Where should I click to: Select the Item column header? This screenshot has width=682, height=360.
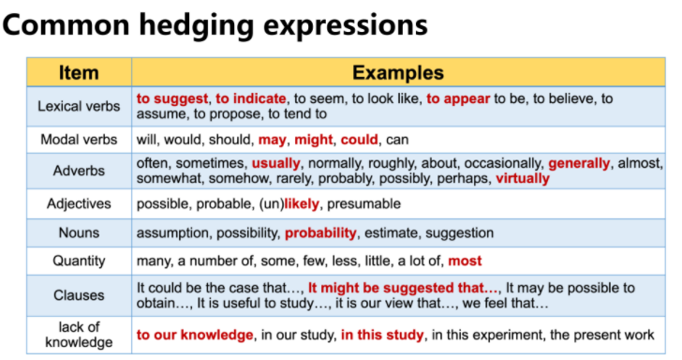pos(79,72)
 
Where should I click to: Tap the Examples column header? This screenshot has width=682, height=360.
pos(398,72)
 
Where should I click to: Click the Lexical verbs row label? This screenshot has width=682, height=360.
pos(79,106)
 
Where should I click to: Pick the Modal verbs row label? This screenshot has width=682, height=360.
pos(79,140)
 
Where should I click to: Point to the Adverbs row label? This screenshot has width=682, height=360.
pos(79,171)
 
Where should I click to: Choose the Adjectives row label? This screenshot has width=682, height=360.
pos(79,203)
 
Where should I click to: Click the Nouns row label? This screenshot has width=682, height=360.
pos(79,232)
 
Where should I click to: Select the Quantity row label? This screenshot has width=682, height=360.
pos(79,262)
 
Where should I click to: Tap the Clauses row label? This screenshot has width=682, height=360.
pos(79,295)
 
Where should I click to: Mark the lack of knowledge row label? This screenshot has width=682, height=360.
pos(79,333)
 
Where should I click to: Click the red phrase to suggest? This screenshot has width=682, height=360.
pos(172,97)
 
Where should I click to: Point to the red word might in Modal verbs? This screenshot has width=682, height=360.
pos(313,140)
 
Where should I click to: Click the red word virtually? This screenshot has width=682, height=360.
pos(523,178)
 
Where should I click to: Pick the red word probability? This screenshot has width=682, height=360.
pos(320,232)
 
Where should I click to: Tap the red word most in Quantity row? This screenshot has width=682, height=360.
pos(465,262)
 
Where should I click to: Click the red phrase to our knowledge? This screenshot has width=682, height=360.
pos(195,334)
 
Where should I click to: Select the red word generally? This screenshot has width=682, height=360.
pos(579,163)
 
